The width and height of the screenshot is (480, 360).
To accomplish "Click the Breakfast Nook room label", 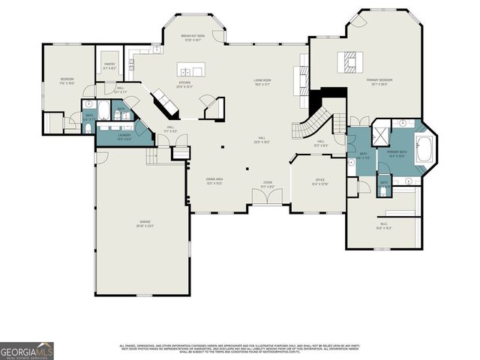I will click(x=193, y=37).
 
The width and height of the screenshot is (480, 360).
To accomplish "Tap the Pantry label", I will click(x=109, y=67).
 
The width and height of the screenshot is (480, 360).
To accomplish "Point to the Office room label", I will click(x=319, y=182).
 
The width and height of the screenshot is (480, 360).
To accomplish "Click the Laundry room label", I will click(x=124, y=138).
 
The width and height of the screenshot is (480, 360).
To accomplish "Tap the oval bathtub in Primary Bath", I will click(x=424, y=150).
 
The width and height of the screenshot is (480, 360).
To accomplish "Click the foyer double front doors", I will click(x=267, y=196).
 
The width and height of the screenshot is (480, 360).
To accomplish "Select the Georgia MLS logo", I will click(x=27, y=350).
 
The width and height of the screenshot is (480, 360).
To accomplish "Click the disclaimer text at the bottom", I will click(x=240, y=349).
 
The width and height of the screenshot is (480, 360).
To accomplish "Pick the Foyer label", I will click(x=267, y=184).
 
